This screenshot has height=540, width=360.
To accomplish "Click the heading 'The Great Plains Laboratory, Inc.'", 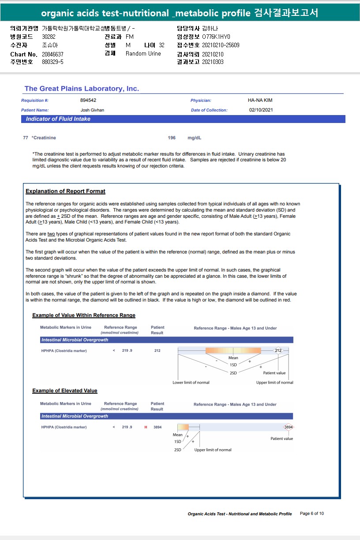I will click(82, 89).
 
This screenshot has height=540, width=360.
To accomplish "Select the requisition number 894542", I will click(88, 101).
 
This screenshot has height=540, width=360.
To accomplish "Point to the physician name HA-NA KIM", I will click(260, 101).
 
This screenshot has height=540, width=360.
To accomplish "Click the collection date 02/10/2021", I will click(261, 110).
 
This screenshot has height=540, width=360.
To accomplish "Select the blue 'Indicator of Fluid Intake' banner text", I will click(58, 119).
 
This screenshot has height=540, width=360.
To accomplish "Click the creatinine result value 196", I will click(172, 138).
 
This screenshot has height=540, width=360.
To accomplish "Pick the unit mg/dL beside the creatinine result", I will click(195, 138).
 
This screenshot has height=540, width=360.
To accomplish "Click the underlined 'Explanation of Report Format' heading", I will click(65, 191).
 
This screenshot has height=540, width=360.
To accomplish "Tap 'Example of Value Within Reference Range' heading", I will click(84, 315).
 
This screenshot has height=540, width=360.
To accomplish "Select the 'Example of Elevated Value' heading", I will click(65, 391).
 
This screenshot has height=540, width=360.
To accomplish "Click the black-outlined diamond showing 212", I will click(278, 351).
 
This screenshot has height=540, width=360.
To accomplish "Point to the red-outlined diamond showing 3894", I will click(288, 427).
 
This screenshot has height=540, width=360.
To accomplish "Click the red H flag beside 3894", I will click(146, 427).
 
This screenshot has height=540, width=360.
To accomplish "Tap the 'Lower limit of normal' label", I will click(191, 382).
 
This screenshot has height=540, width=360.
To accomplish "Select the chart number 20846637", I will click(52, 54).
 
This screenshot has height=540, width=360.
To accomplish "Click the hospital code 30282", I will click(49, 37).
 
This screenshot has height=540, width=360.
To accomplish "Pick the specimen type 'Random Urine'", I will click(143, 54).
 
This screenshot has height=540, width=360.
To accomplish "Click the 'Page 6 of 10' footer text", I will click(312, 514).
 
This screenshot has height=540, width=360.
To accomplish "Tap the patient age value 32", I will click(161, 45).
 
